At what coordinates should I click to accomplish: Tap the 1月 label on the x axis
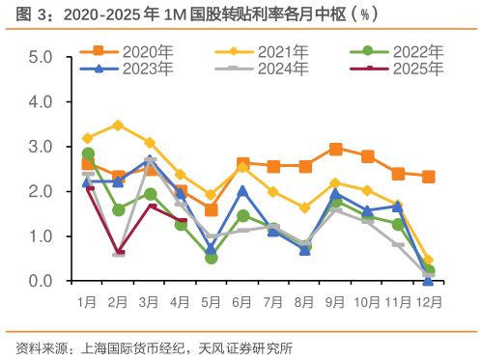click(88, 301)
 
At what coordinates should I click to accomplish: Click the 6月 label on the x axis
click(242, 301)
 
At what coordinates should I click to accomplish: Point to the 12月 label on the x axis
click(428, 301)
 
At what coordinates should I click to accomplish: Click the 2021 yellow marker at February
click(119, 125)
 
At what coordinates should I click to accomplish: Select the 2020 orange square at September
click(335, 149)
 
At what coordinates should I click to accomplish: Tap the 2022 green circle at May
click(212, 258)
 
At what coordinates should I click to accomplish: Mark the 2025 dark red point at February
click(119, 254)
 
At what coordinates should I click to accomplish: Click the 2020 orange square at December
click(428, 177)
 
